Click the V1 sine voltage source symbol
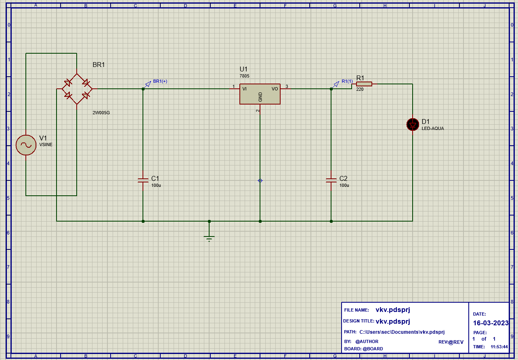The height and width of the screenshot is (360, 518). pos(26,145)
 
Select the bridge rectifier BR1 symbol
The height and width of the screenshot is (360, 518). pos(77,89)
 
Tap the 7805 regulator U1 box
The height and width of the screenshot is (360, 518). pos(260,94)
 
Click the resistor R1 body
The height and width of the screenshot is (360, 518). pos(364,84)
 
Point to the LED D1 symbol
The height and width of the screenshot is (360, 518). pos(413,125)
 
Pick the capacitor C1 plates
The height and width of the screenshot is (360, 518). pos(143,180)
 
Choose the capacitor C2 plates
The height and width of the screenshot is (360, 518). pos(331,180)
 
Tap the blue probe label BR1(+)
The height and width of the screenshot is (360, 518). pos(160,81)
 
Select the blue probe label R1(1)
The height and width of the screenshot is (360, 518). pos(347,81)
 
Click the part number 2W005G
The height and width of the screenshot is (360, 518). pos(101,113)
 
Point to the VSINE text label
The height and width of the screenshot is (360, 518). pos(46,144)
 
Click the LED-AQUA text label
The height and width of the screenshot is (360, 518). pos(432,129)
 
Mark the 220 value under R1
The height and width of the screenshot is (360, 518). pos(360,90)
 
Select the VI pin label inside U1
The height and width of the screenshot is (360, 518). pos(244,89)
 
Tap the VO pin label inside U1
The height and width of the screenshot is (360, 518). pos(275,89)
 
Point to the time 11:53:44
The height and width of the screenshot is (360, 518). pos(499,347)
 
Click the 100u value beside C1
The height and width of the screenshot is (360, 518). pos(156,185)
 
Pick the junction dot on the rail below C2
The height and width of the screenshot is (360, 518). pos(331,221)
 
